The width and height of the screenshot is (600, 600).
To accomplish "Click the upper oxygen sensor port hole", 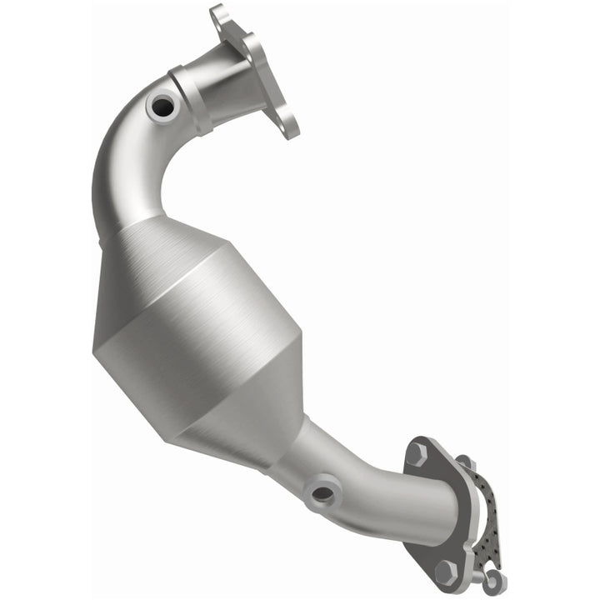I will point(160,106).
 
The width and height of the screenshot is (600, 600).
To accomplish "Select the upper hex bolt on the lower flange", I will point(417,454).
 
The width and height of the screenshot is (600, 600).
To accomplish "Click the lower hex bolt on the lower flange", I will point(447,570).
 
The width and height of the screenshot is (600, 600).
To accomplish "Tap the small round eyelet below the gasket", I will point(497,577).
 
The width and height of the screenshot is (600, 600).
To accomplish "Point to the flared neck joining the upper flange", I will point(229,79).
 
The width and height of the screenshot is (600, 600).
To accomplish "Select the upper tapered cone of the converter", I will point(167,250).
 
